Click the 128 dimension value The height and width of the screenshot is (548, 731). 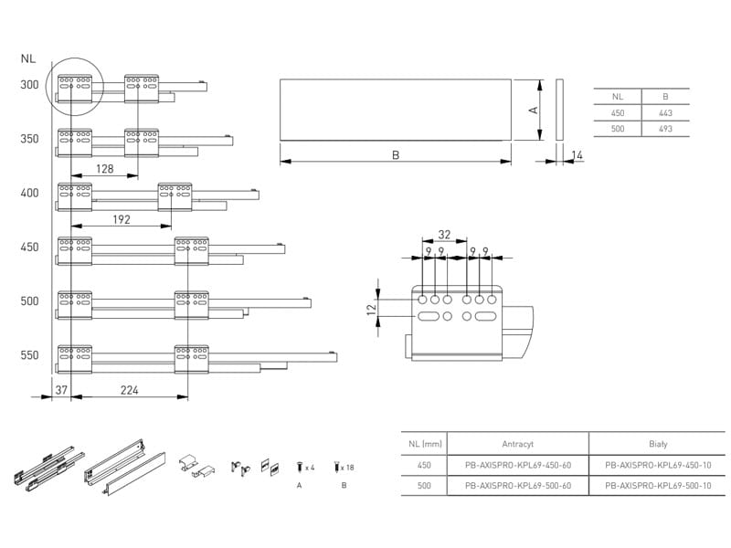[104, 169]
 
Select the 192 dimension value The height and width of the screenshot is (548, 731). [122, 219]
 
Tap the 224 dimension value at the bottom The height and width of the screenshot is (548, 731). [129, 390]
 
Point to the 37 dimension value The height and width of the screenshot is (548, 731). [61, 390]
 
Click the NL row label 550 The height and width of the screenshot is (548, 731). [29, 355]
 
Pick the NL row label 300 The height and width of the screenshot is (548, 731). [29, 85]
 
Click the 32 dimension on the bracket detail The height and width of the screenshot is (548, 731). [444, 235]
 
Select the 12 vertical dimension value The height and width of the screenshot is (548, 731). [372, 310]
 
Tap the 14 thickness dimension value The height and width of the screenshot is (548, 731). [577, 154]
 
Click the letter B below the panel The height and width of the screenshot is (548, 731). [396, 154]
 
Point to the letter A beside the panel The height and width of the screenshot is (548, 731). [534, 110]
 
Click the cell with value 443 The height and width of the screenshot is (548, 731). [665, 113]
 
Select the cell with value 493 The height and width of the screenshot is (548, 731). [665, 129]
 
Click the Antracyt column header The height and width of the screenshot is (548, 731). [517, 444]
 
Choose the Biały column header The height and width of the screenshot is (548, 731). [658, 444]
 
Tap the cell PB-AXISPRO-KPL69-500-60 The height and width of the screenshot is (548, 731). [518, 486]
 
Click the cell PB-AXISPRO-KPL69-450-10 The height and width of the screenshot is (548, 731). [658, 465]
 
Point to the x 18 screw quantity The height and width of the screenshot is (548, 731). [347, 468]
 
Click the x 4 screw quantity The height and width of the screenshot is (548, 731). [310, 467]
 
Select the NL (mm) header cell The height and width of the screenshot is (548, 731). [425, 444]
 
